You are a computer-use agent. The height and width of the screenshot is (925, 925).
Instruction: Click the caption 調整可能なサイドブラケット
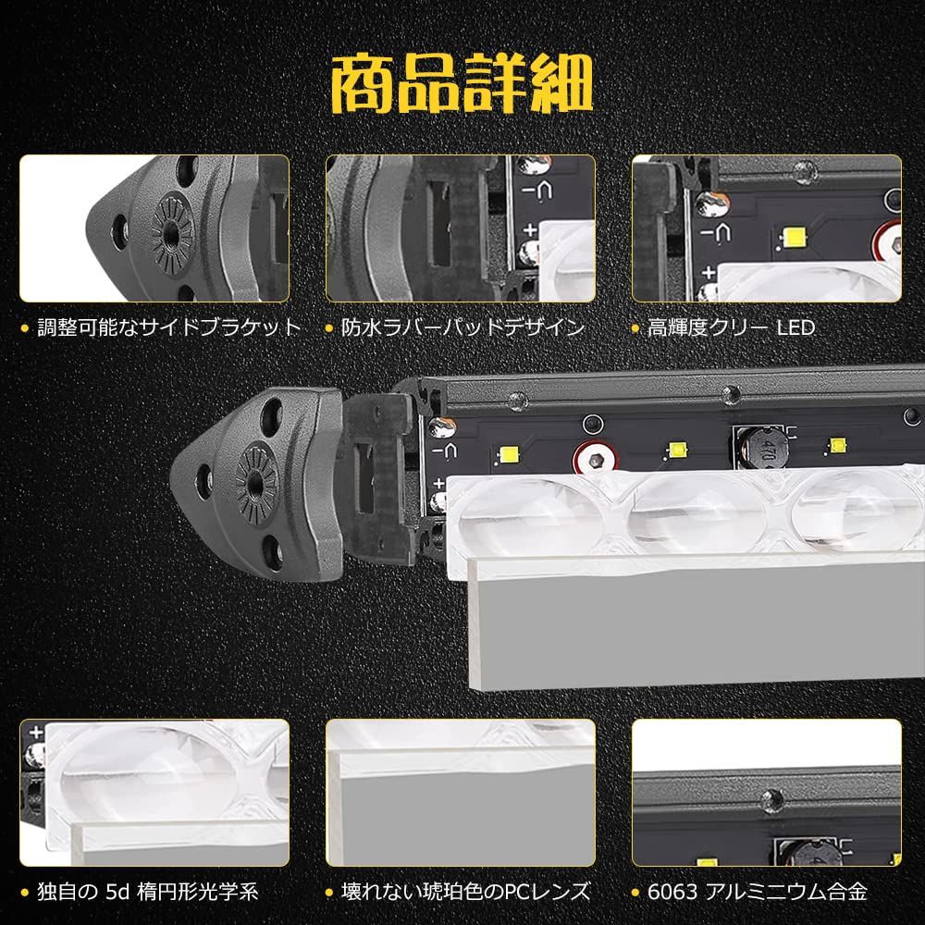pyautogui.click(x=169, y=327)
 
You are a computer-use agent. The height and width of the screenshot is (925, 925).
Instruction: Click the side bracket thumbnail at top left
pyautogui.click(x=154, y=228)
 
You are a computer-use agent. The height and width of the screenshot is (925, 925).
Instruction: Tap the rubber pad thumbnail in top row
pyautogui.click(x=460, y=228)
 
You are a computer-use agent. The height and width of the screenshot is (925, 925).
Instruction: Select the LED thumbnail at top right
pyautogui.click(x=766, y=228)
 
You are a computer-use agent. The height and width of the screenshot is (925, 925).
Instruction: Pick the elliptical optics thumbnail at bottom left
pyautogui.click(x=154, y=794)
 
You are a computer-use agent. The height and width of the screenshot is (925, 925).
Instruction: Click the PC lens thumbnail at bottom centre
pyautogui.click(x=460, y=794)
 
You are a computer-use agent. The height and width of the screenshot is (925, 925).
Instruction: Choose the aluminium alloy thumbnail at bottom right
pyautogui.click(x=766, y=794)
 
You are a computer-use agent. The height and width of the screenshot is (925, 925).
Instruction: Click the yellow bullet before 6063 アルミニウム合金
pyautogui.click(x=638, y=894)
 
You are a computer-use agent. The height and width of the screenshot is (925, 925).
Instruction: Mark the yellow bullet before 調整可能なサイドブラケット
pyautogui.click(x=25, y=328)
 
